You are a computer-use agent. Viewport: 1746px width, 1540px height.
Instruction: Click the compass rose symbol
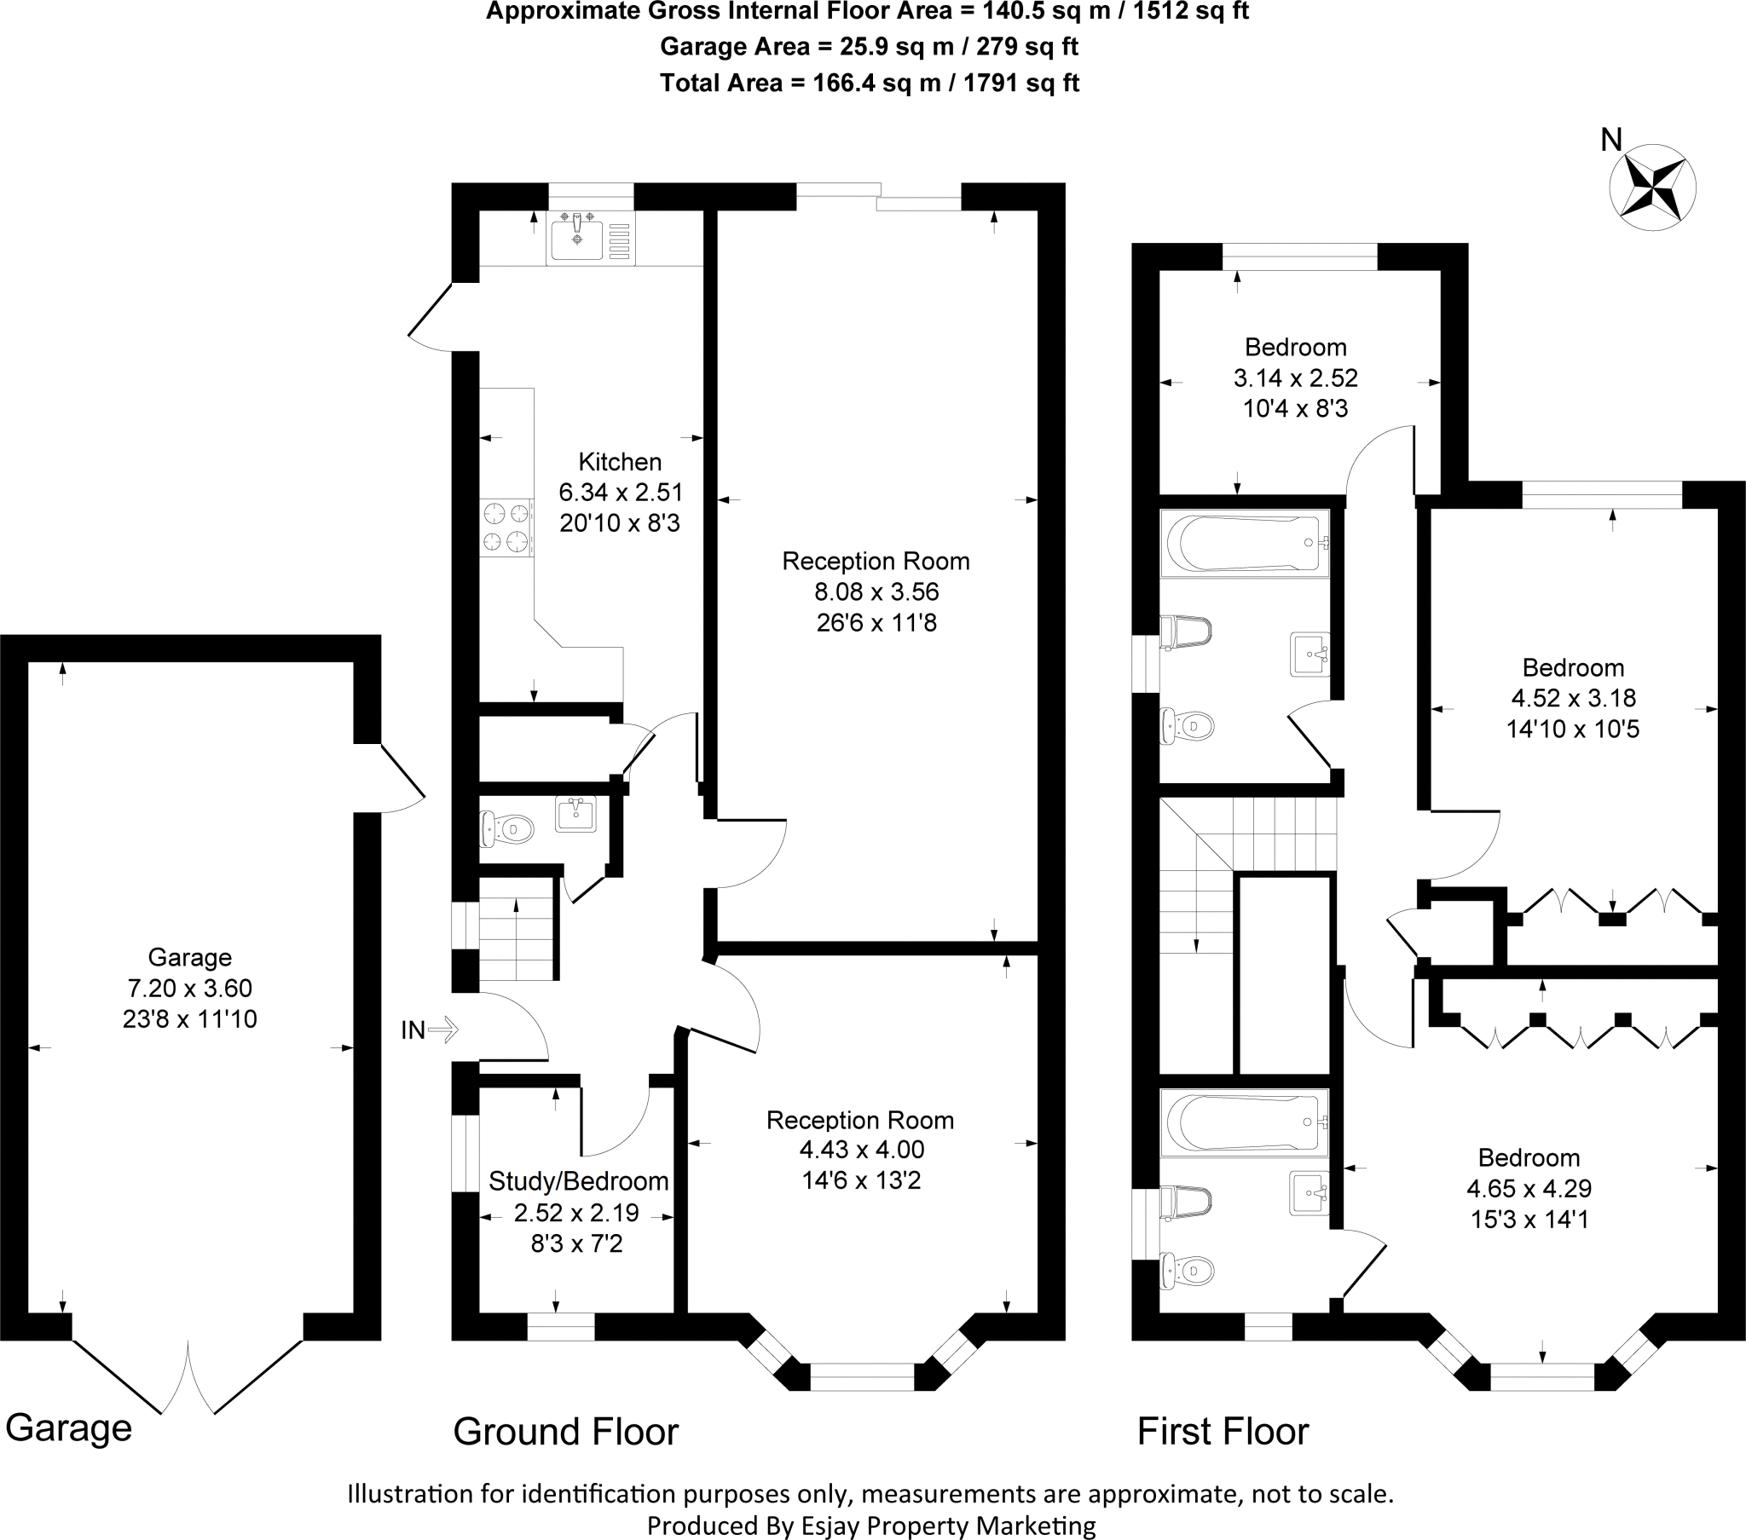[1652, 187]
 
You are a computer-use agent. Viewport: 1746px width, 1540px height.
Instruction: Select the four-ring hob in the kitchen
[506, 527]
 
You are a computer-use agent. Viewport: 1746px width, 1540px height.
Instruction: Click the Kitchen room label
[619, 462]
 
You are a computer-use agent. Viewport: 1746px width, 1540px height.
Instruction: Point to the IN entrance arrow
[442, 1030]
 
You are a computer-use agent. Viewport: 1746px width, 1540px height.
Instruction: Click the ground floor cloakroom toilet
[507, 828]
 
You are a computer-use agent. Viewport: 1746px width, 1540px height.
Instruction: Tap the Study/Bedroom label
[577, 1181]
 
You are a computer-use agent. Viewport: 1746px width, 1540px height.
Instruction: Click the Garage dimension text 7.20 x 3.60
[189, 989]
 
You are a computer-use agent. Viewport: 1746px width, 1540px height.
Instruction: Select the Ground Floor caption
[564, 1432]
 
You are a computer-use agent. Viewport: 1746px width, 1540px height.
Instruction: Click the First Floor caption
[1222, 1432]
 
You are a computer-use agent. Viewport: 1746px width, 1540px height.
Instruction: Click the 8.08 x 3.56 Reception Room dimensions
[876, 592]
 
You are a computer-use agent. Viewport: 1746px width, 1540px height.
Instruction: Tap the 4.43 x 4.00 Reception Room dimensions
[861, 1150]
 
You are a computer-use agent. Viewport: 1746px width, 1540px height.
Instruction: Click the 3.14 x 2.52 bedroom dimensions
[1295, 378]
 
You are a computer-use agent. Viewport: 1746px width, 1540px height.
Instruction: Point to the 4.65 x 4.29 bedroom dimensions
[1529, 1188]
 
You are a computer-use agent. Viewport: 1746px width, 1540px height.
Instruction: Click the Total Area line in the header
[869, 83]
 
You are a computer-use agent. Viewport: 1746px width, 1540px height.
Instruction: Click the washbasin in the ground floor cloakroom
[576, 813]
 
